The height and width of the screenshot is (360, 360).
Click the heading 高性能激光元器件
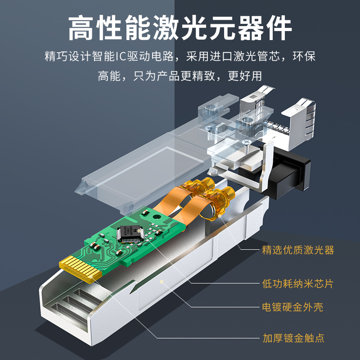pyautogui.click(x=180, y=28)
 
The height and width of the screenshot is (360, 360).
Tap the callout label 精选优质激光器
pyautogui.click(x=298, y=250)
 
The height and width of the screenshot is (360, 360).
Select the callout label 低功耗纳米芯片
pyautogui.click(x=298, y=284)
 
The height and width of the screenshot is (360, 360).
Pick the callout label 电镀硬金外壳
pyautogui.click(x=292, y=307)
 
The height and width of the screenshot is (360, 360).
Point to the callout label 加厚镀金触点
pyautogui.click(x=293, y=338)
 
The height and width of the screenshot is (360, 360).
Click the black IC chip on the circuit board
pyautogui.click(x=130, y=233)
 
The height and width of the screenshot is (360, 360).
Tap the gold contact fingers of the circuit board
pyautogui.click(x=81, y=269)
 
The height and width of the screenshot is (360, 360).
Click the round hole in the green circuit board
pyautogui.click(x=157, y=216)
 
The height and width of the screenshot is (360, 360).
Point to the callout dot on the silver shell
pyautogui.click(x=162, y=282)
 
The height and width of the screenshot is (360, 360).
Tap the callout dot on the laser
pyautogui.click(x=220, y=216)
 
